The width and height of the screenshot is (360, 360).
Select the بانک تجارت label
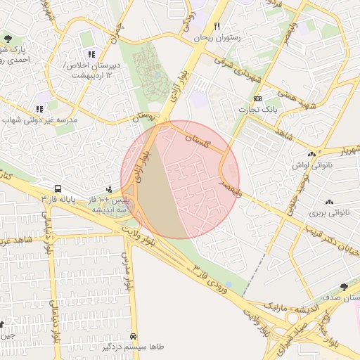pos(259,110)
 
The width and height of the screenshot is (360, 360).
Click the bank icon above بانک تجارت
pos(258,98)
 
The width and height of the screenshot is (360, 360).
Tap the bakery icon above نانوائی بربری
pos(330,201)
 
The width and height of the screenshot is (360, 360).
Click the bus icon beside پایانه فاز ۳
pos(58,189)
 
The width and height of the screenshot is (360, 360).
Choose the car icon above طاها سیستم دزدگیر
pos(143,335)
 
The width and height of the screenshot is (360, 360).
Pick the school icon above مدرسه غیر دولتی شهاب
pos(39,109)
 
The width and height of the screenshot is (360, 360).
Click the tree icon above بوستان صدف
pos(343,287)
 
